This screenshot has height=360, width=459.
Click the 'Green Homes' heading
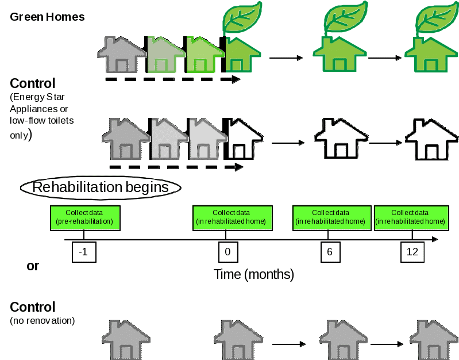coord(47,17)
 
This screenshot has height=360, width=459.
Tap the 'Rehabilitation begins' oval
coord(101,187)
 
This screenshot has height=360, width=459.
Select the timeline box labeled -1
coord(83,252)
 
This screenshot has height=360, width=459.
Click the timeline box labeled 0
coord(227,252)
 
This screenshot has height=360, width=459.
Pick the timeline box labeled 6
coord(330,252)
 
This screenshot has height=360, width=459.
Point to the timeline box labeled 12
coord(412,252)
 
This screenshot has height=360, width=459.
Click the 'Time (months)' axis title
coord(254,274)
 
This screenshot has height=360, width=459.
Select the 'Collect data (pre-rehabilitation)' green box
coord(84,217)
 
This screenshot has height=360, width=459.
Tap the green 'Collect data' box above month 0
coord(231,217)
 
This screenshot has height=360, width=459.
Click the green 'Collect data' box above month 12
coord(410,217)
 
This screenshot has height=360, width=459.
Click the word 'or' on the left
coord(33,266)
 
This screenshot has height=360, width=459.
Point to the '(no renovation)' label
coord(42,320)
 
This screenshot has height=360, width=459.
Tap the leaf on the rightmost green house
coord(435,20)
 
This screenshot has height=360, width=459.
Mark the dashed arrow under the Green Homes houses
coord(172,79)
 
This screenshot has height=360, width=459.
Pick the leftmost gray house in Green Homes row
coord(122,55)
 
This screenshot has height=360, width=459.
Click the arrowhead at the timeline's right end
coord(435,239)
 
